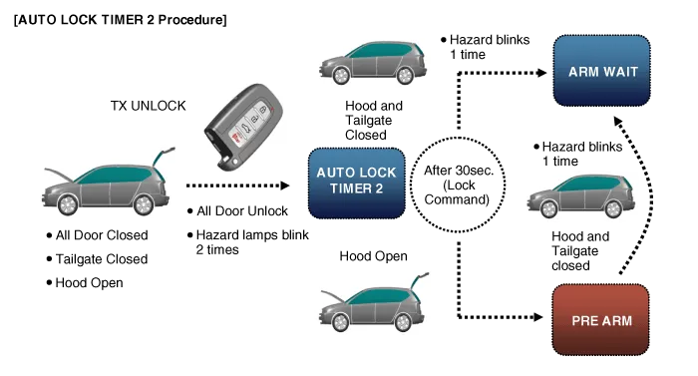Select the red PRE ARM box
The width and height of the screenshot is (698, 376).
coord(600,320)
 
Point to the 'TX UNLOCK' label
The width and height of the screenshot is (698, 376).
coord(151,105)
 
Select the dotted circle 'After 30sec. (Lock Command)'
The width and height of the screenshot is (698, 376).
coord(454,185)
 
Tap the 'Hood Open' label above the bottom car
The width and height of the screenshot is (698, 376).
coord(373,256)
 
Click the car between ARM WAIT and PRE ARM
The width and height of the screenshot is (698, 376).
coord(580,195)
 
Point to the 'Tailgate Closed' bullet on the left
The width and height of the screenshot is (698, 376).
coord(97,259)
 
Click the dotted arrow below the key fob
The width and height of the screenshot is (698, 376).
coord(239,186)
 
